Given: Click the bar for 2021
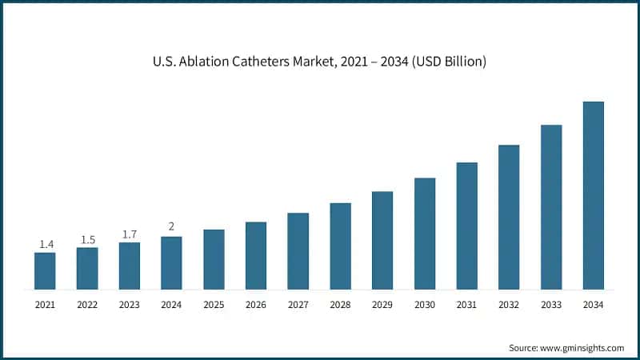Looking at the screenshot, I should [x=45, y=270].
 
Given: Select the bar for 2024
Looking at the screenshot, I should [x=171, y=262].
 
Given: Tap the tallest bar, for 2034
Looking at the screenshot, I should [x=593, y=195].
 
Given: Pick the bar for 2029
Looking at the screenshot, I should [x=382, y=240].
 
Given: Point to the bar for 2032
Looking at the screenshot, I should [x=509, y=217].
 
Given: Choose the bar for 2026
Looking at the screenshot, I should [x=256, y=255].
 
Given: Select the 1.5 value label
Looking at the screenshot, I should [x=87, y=239].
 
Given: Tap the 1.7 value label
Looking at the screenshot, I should [x=129, y=234].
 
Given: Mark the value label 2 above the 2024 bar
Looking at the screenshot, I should [x=171, y=226].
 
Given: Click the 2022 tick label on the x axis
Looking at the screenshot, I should [x=87, y=305].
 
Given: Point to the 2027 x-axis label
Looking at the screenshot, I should [x=298, y=305].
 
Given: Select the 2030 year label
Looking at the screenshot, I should [x=425, y=305].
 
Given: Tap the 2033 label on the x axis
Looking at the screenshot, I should [x=551, y=305].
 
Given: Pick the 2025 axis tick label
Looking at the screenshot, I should [x=214, y=305].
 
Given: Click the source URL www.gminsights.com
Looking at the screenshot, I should [x=584, y=348].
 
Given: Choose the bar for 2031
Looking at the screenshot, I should [x=467, y=226].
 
